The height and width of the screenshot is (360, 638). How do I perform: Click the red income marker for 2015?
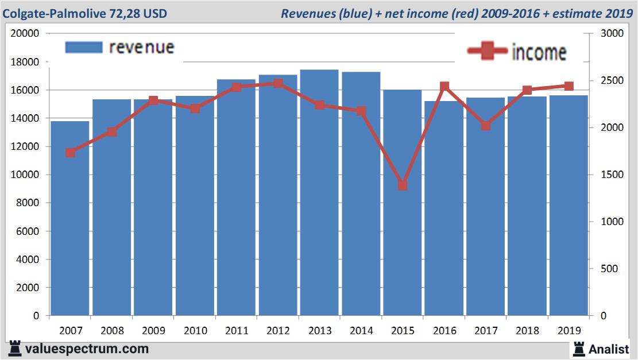[x=403, y=185]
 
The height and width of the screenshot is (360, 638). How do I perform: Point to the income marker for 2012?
[x=278, y=84]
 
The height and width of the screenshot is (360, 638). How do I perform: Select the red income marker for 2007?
[x=70, y=153]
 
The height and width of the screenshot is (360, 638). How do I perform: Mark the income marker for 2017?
[x=486, y=125]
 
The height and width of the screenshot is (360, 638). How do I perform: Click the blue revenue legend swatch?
[x=84, y=47]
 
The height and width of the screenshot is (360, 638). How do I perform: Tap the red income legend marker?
[x=487, y=52]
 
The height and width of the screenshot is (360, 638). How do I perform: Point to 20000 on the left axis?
[x=25, y=33]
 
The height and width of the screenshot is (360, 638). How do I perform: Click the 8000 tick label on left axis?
[x=28, y=203]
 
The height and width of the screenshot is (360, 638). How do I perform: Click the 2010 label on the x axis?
[x=195, y=331]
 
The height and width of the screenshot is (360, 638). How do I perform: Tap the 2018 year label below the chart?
[x=527, y=331]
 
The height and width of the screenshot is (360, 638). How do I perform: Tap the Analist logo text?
[x=609, y=349]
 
